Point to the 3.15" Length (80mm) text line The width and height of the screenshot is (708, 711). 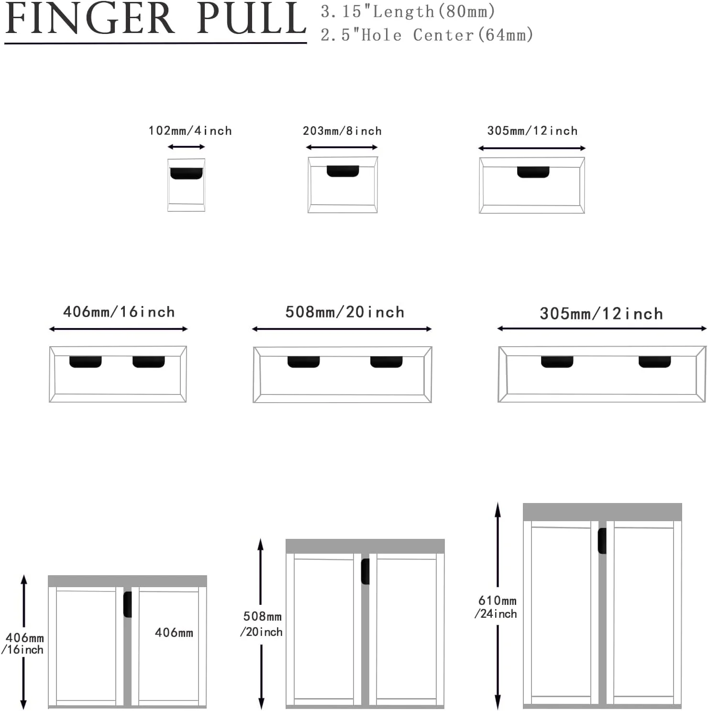click(408, 11)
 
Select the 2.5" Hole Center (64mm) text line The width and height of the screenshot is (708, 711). click(427, 34)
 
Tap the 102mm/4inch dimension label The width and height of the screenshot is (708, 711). click(190, 131)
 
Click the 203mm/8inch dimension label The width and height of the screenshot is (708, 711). click(342, 131)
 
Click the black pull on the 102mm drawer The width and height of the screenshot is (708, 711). click(187, 174)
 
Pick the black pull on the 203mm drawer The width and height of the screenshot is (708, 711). click(343, 171)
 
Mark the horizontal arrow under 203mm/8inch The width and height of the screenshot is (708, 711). click(342, 147)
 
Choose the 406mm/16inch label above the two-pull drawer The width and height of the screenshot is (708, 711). click(119, 312)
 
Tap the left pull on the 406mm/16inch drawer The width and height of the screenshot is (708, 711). click(85, 362)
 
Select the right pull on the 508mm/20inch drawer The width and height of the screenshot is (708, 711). click(387, 362)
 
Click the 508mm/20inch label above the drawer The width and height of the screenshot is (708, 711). click(344, 312)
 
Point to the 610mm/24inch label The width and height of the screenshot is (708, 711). click(496, 607)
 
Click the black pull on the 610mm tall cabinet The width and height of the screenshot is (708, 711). click(602, 541)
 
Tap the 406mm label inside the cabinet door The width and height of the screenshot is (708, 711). click(174, 633)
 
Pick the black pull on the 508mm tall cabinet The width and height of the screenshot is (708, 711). click(365, 571)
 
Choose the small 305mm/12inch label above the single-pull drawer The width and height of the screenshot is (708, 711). click(532, 131)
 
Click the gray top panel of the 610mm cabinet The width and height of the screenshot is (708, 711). click(602, 512)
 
